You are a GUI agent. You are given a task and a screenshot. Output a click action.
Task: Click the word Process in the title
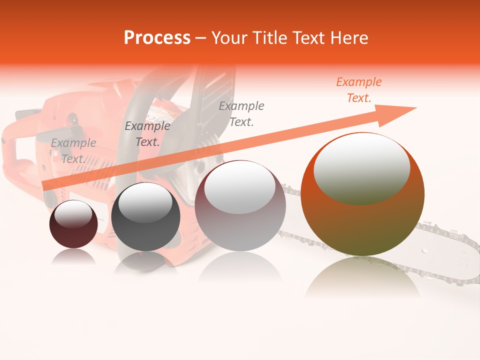click(157, 38)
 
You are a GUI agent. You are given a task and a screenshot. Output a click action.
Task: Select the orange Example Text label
click(358, 90)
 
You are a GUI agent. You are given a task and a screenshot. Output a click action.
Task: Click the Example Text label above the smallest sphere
click(73, 151)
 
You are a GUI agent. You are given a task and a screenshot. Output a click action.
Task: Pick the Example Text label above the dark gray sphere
click(147, 134)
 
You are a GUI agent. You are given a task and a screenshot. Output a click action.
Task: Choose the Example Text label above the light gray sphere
click(241, 113)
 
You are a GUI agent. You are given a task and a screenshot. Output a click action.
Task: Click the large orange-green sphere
click(362, 220)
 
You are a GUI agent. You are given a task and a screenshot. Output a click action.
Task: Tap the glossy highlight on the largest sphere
click(361, 167)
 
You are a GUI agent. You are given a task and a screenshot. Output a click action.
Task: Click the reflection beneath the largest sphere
click(362, 277)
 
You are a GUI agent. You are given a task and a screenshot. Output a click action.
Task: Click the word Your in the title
click(230, 38)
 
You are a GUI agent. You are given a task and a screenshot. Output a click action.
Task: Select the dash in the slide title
click(201, 38)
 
